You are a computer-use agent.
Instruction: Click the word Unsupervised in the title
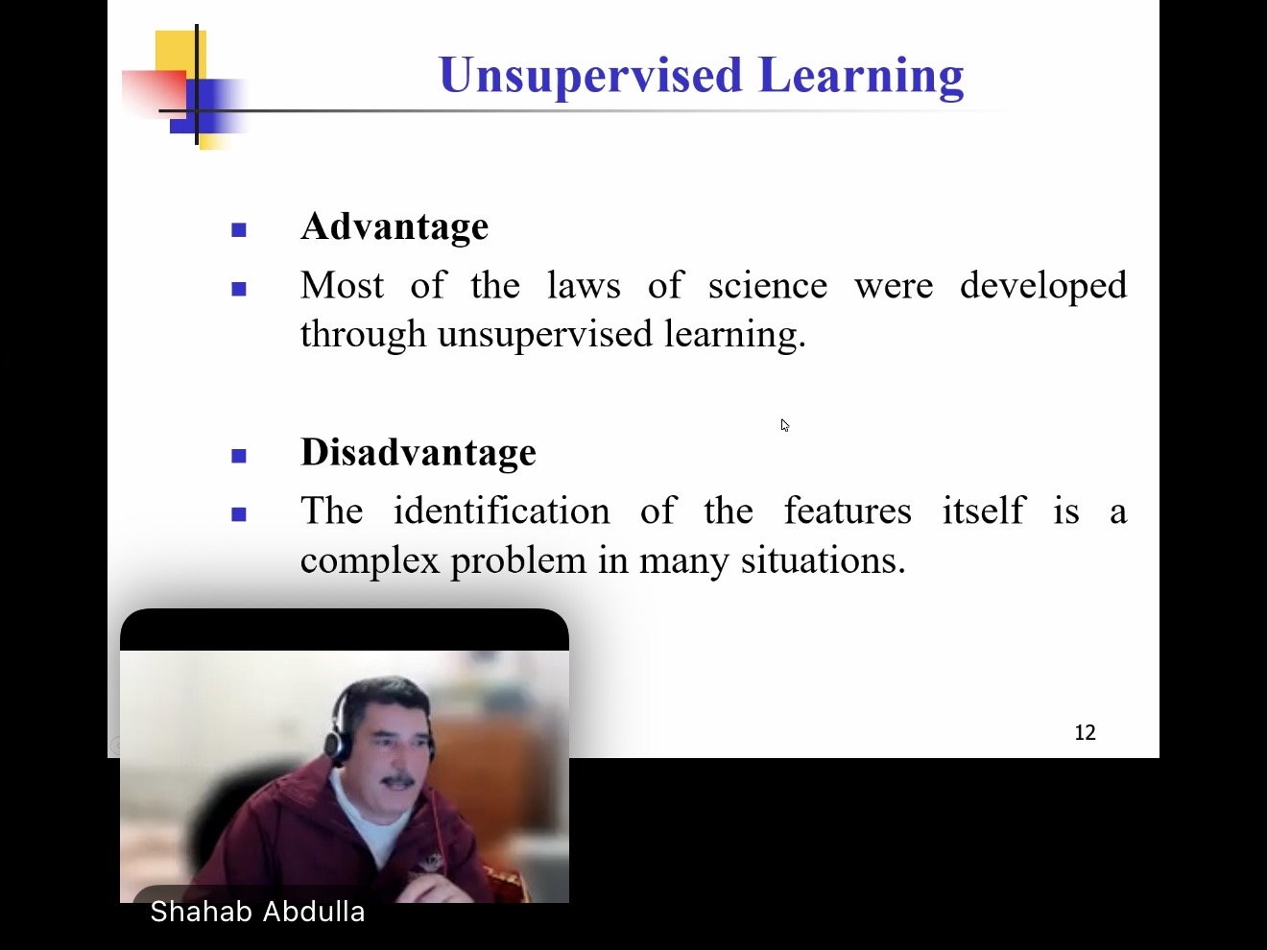pos(590,76)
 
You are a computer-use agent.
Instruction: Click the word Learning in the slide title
pos(861,76)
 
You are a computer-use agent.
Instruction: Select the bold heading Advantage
pos(394,226)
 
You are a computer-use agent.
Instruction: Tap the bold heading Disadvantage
pos(418,452)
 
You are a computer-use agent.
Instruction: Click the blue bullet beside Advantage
pos(239,230)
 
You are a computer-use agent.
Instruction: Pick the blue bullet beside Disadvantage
pos(239,456)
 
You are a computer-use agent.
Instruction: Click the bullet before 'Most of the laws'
pos(239,289)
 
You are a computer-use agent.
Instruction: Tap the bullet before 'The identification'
pos(239,513)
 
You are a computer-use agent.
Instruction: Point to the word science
pos(768,286)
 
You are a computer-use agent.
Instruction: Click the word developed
pos(1043,287)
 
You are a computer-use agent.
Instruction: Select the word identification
pos(501,511)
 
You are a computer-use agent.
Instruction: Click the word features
pos(848,511)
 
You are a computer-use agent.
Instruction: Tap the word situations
pos(824,559)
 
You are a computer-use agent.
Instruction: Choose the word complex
pos(370,560)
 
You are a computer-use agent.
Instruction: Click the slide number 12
pos(1086,732)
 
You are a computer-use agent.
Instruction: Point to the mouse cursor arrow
pos(785,425)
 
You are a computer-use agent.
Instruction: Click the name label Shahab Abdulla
pos(257,912)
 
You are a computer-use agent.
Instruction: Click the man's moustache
pos(397,781)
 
